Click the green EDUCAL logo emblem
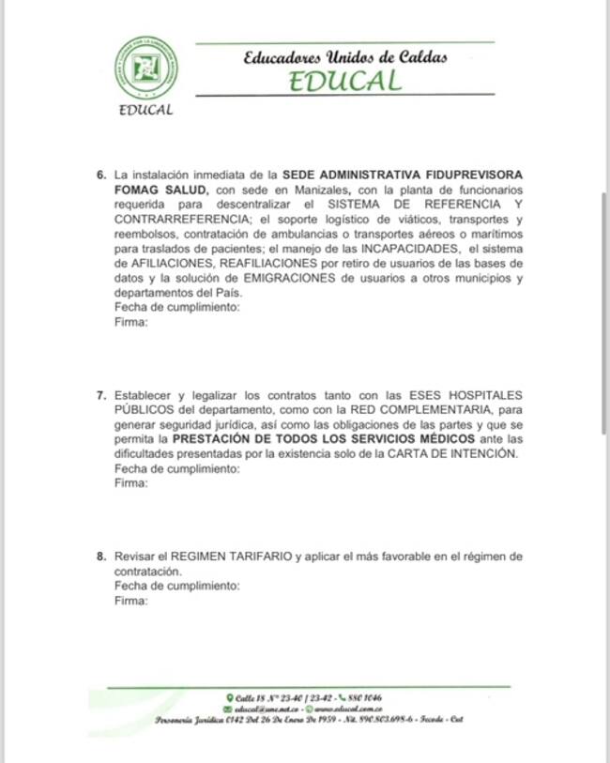145,68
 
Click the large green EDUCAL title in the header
344,81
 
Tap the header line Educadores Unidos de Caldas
344,56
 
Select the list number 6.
101,175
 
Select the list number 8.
101,557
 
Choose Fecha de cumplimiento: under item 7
176,468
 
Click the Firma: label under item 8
130,601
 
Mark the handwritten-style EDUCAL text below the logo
146,111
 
